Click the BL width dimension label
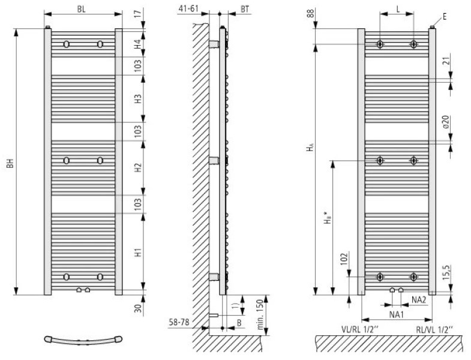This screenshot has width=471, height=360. pos(81,9)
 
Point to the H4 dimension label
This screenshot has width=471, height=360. pos(137,44)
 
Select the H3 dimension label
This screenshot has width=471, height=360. pos(137,99)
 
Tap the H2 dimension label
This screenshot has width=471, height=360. pos(137,167)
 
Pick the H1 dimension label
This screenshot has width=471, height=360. pos(137,253)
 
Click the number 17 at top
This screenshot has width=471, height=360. pos(137,14)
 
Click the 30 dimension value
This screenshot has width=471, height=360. pos(137,308)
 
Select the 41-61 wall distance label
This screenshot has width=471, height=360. pos(188,8)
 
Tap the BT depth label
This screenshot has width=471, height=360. pos(245,9)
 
